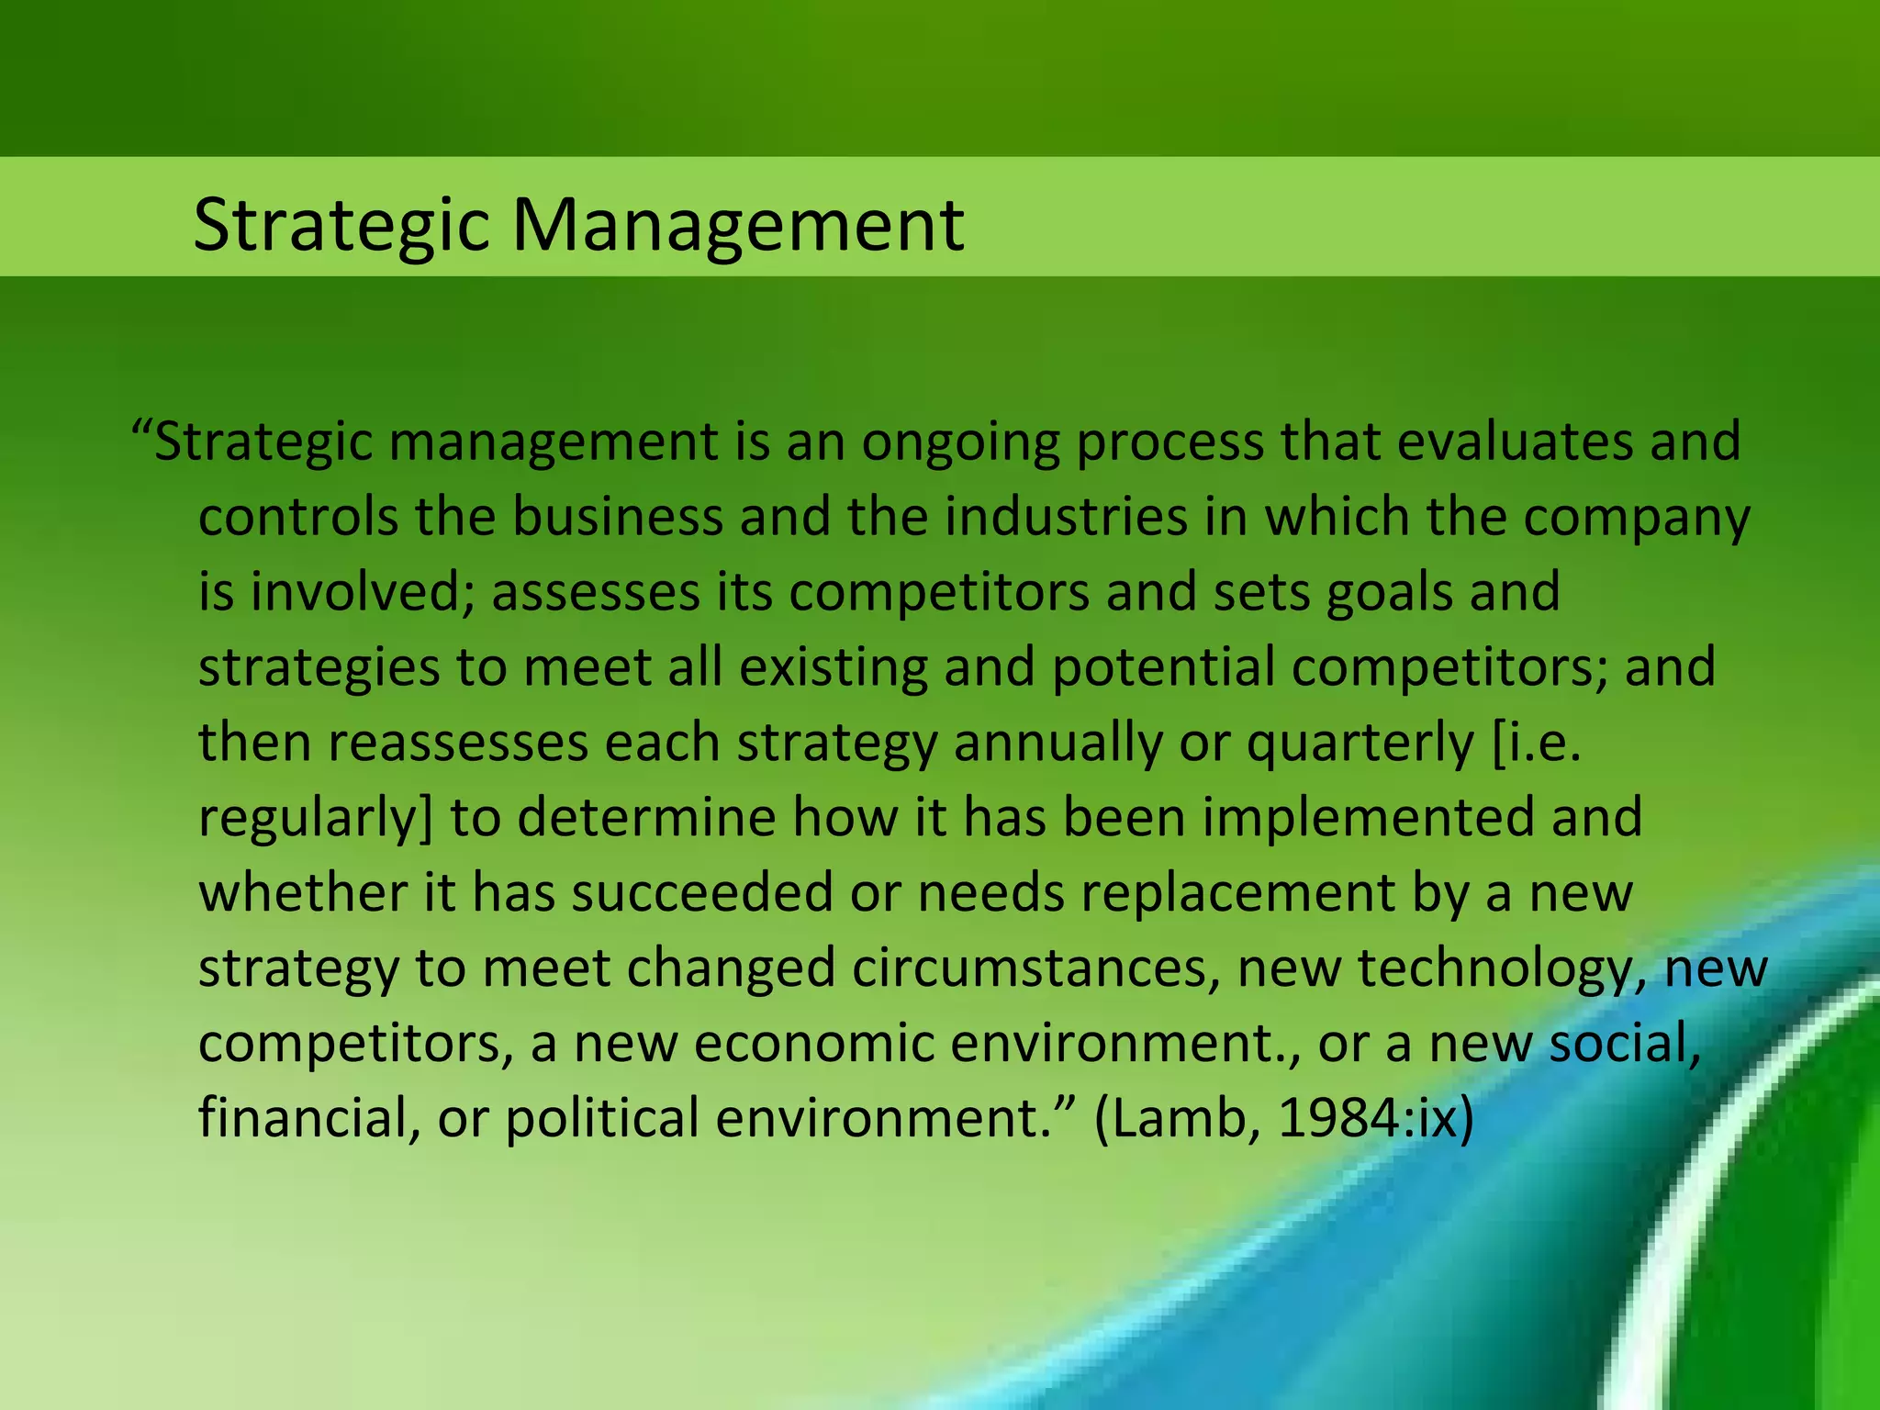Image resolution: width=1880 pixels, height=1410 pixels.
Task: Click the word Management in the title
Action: [x=737, y=225]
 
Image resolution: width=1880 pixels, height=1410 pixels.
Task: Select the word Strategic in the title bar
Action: [x=341, y=225]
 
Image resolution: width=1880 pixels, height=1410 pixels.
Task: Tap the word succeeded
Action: [x=702, y=893]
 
